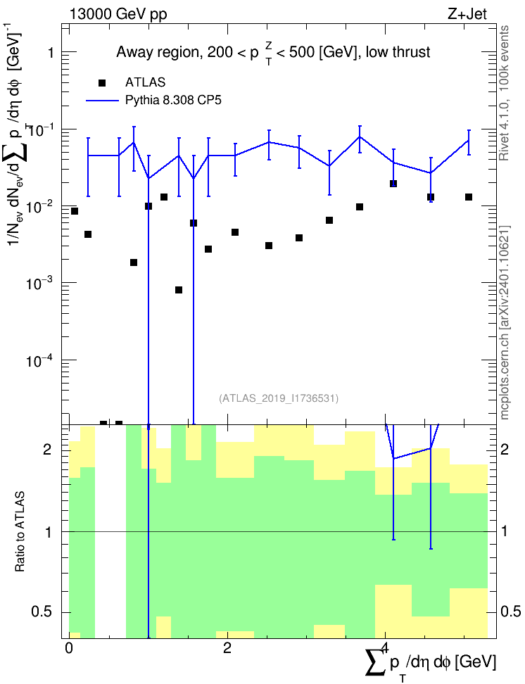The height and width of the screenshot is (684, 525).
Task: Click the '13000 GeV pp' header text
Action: (118, 14)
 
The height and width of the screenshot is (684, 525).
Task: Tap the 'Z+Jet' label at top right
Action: (467, 14)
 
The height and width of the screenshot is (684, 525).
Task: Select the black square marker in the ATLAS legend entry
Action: (102, 82)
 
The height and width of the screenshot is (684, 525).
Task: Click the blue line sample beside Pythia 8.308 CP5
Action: (102, 101)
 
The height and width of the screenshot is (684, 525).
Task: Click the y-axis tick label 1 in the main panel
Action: (51, 53)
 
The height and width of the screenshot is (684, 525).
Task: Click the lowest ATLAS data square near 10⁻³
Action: (179, 290)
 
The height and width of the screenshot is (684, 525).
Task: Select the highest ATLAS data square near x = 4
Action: (393, 184)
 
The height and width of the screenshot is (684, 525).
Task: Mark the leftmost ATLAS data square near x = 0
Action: (75, 211)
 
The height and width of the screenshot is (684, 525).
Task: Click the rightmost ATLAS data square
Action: (469, 197)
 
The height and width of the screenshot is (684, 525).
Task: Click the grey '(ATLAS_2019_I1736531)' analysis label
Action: (279, 398)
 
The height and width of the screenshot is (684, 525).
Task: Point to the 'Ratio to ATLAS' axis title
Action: (20, 531)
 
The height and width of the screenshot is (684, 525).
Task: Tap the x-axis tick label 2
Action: (227, 648)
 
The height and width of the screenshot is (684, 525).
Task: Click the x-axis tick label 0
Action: (68, 648)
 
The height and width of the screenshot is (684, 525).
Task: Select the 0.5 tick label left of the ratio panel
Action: (43, 612)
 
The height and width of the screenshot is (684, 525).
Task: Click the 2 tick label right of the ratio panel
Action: (505, 449)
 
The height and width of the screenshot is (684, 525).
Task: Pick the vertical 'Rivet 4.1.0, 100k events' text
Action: (504, 93)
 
